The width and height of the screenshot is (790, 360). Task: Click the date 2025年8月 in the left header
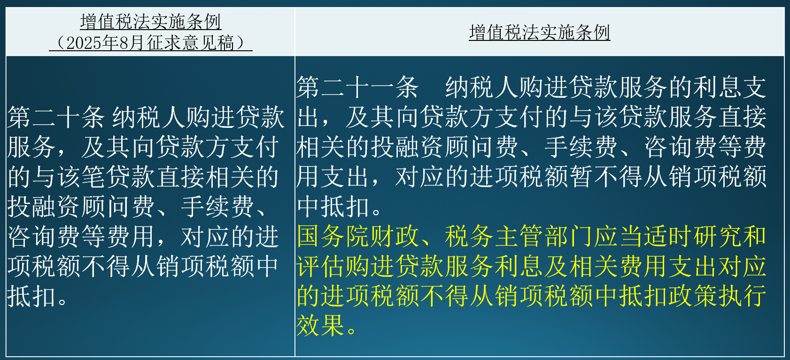[x=105, y=43]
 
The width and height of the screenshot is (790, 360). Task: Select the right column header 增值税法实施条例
[x=539, y=32]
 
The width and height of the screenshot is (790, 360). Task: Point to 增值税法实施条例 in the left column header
[x=151, y=22]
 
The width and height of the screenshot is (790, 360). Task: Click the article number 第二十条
[x=56, y=117]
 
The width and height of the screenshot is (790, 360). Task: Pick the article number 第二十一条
[x=357, y=87]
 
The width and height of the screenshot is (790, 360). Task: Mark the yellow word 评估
[x=321, y=266]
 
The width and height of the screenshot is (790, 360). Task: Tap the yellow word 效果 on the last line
[x=321, y=325]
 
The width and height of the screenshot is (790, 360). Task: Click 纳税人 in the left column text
[x=148, y=117]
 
